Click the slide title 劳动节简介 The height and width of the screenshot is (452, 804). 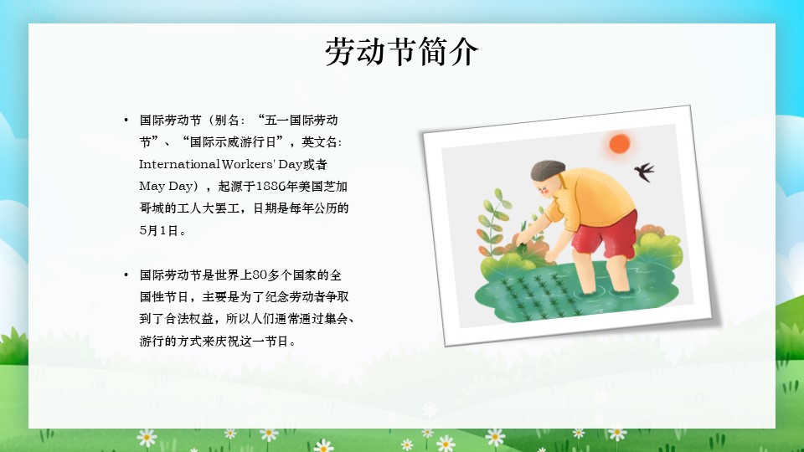[x=401, y=51]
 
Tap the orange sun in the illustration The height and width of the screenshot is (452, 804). [x=620, y=143]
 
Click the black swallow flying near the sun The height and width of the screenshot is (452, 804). [x=645, y=172]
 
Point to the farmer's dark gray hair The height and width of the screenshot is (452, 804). [x=547, y=170]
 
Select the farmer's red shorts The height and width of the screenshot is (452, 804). [x=605, y=234]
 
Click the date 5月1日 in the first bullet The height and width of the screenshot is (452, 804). [x=159, y=230]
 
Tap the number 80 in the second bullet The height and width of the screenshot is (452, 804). [x=260, y=275]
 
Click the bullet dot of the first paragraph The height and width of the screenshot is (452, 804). [x=126, y=121]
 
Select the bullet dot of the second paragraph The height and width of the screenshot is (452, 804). [x=126, y=275]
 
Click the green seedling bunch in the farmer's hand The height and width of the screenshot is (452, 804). [x=523, y=247]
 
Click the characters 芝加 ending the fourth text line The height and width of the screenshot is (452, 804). [x=336, y=186]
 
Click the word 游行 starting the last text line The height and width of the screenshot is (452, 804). [x=152, y=341]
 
